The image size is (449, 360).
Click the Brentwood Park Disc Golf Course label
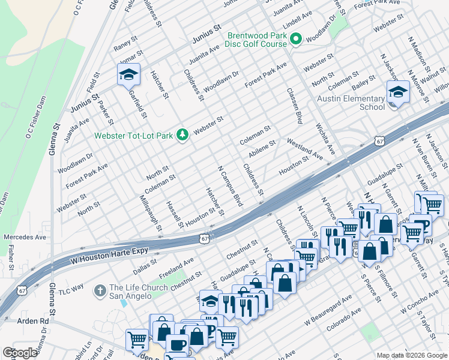coord(256,40)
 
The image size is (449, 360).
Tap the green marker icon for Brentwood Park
coord(295,40)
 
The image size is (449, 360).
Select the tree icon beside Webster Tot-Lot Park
coord(182,135)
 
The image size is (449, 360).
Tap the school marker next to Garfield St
coord(128,76)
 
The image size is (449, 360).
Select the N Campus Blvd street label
coord(230,187)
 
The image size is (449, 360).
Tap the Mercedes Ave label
coord(25,237)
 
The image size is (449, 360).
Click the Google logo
coord(20,353)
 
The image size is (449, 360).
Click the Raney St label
coord(127,44)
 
